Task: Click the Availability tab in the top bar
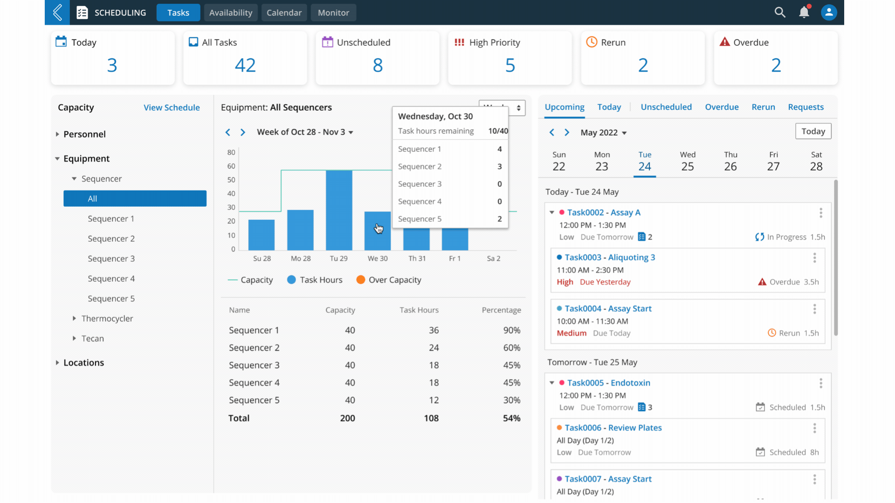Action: click(230, 13)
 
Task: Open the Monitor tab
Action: click(333, 13)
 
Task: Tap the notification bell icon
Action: click(804, 12)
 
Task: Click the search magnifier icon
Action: click(780, 12)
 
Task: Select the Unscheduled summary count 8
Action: click(378, 65)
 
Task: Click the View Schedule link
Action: click(172, 108)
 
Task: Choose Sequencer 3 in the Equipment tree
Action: click(111, 258)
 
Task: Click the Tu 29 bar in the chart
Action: click(339, 210)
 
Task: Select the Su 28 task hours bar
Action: click(262, 235)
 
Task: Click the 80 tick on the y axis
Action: click(231, 152)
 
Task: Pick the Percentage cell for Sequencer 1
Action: click(511, 330)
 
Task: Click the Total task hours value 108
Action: click(431, 418)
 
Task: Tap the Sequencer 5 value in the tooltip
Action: click(499, 219)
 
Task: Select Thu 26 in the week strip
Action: click(730, 162)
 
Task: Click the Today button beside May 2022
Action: click(813, 131)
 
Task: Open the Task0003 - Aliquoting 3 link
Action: click(610, 258)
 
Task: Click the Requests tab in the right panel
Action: click(805, 107)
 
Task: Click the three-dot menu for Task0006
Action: click(814, 428)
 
